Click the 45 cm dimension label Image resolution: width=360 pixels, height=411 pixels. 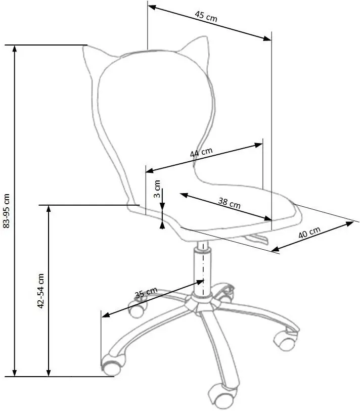click(x=206, y=16)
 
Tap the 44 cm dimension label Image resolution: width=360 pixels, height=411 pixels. click(x=201, y=152)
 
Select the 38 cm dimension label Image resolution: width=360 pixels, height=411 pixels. click(x=229, y=203)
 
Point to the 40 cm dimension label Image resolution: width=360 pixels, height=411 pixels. click(x=309, y=233)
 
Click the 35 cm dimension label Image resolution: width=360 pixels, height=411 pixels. click(x=146, y=293)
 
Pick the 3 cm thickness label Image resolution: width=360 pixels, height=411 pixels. click(x=157, y=189)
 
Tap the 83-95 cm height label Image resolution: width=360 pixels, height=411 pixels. click(x=6, y=211)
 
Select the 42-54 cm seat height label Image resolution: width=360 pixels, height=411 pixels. click(x=41, y=291)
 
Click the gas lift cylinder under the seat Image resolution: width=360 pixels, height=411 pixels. click(x=202, y=272)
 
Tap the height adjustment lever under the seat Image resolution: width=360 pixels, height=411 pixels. click(x=256, y=239)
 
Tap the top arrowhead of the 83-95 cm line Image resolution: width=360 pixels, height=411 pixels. click(x=15, y=49)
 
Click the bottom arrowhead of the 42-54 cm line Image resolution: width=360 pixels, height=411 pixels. click(x=49, y=373)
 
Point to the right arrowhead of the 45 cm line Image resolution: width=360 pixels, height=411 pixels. click(x=267, y=38)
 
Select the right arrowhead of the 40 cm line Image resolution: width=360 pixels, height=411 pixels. click(x=350, y=224)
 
